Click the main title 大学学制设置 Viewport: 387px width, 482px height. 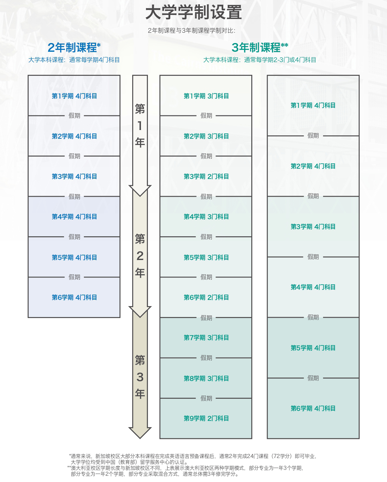pos(193,13)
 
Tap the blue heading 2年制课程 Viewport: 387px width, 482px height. pos(72,48)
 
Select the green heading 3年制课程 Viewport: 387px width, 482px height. pos(256,48)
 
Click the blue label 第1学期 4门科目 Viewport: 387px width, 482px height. pos(74,96)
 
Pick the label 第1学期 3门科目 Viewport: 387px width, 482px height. pos(206,96)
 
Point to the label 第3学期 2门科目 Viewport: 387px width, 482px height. pos(206,176)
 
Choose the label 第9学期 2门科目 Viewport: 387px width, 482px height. pos(206,418)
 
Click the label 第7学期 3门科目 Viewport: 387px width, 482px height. pos(206,338)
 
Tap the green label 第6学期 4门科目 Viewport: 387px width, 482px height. pos(313,408)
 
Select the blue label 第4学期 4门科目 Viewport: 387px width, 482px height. pos(74,217)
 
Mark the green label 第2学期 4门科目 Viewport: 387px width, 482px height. pos(313,166)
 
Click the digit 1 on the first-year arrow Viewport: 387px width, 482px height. pos(140,126)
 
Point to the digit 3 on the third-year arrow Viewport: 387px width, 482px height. pos(140,377)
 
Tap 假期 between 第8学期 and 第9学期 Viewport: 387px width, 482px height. pos(206,398)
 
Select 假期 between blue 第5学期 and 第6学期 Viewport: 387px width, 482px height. pos(74,277)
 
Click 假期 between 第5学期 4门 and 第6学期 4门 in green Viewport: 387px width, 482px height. pos(313,378)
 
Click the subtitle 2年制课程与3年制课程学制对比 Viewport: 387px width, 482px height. pos(191,31)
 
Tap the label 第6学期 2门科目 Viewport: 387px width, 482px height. pos(206,297)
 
